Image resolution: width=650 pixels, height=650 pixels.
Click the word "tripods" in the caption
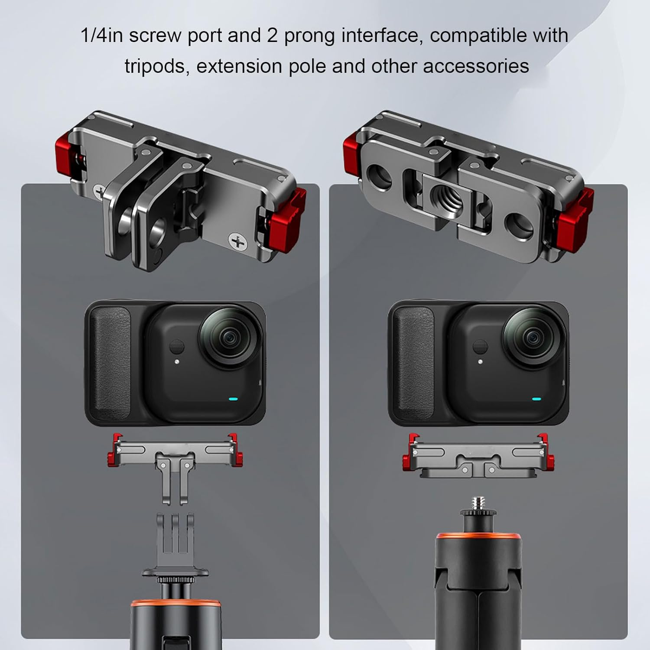click(x=156, y=67)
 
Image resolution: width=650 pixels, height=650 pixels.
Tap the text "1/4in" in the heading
click(x=102, y=36)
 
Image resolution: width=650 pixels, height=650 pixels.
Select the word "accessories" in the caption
click(x=476, y=67)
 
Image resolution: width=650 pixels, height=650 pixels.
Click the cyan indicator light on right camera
click(x=536, y=400)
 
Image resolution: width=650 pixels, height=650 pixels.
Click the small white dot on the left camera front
click(x=177, y=361)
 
